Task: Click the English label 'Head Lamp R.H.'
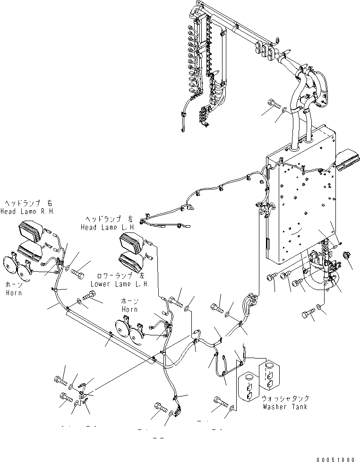(27, 212)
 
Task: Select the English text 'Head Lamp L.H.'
(108, 227)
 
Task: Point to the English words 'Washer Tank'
(285, 407)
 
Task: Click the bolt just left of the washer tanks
(220, 402)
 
